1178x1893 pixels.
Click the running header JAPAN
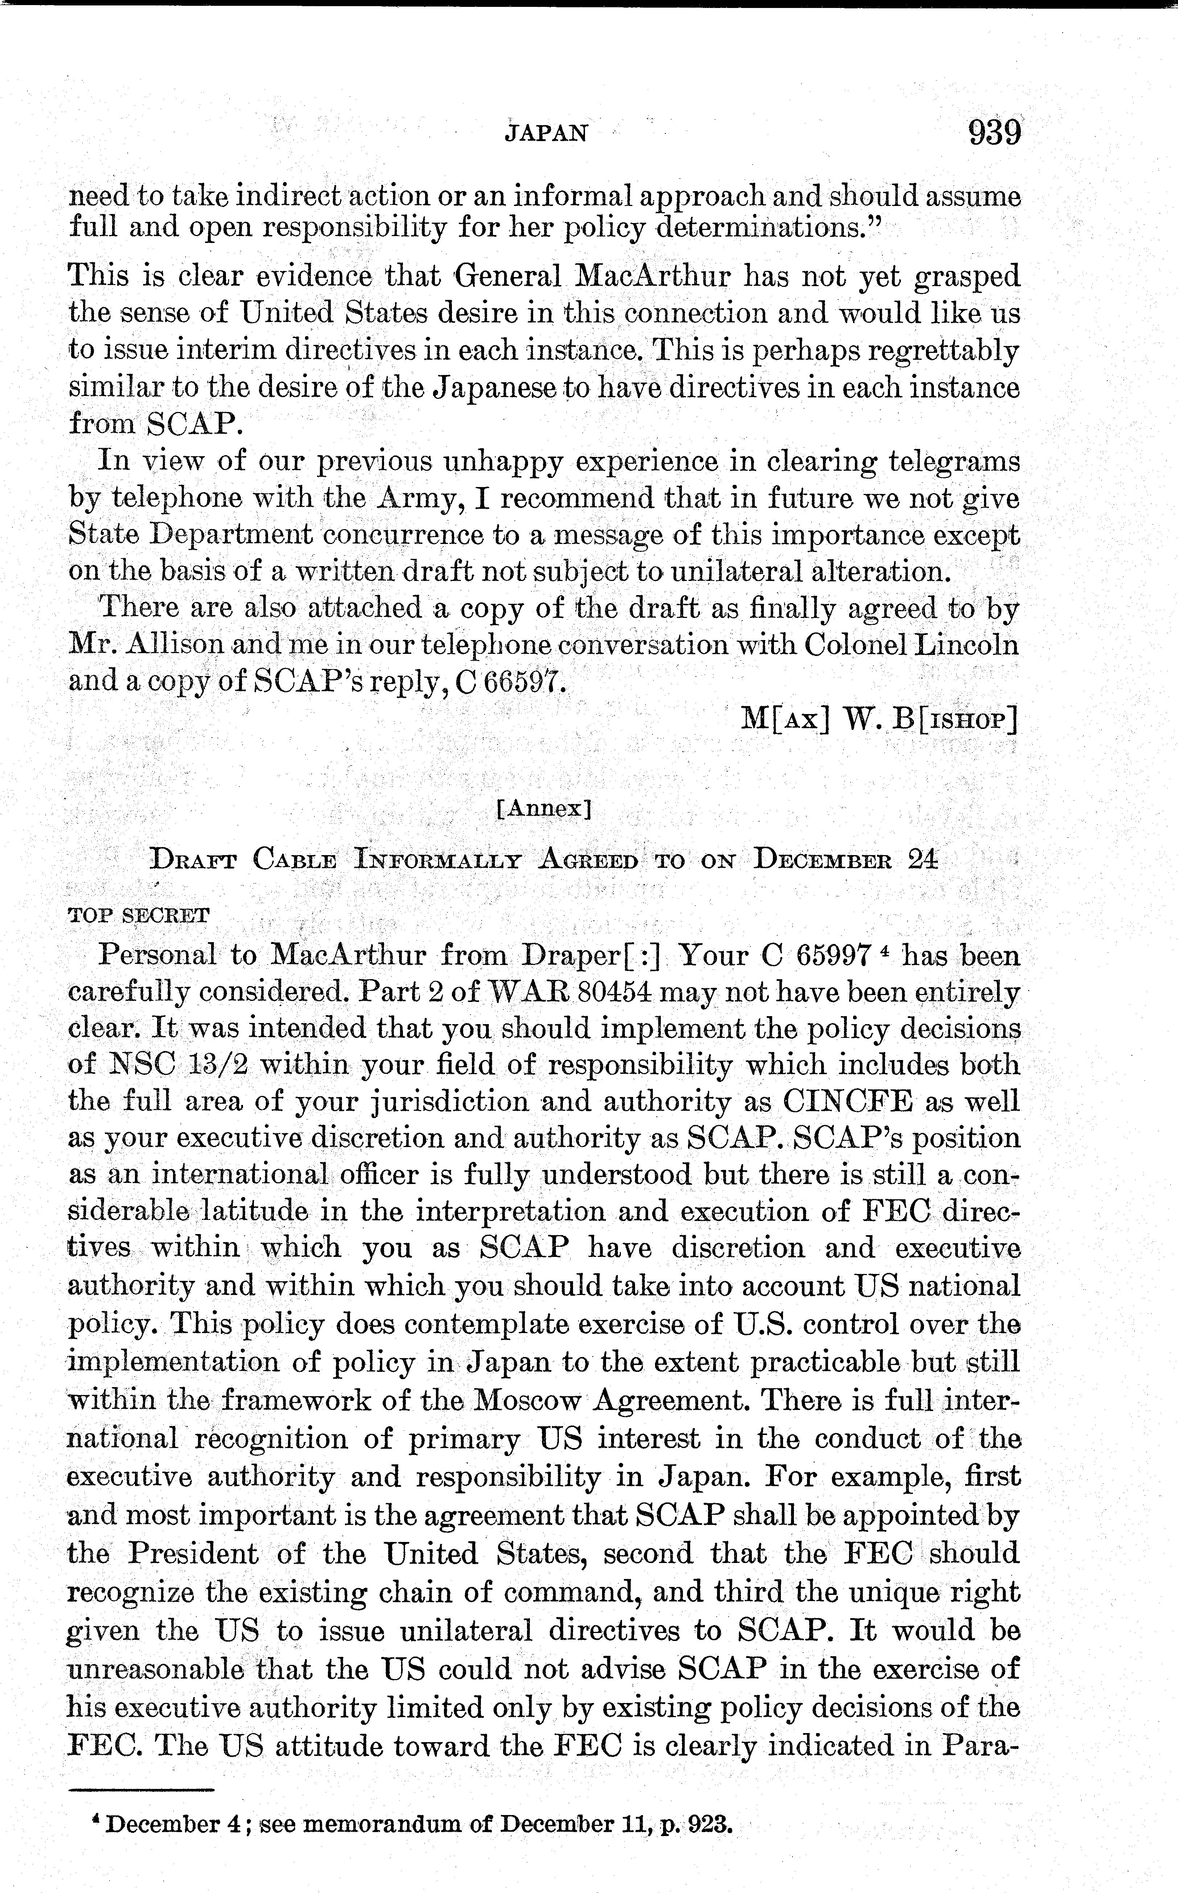click(545, 133)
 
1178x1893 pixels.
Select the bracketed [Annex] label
click(544, 809)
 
